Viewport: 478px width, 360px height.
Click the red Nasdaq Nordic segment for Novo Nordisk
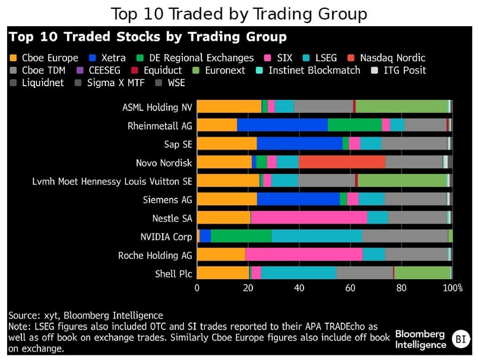342,162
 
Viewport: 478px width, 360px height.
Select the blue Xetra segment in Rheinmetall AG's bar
282,125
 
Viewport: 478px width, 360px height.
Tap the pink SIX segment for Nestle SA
309,217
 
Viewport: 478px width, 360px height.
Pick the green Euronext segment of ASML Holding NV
401,106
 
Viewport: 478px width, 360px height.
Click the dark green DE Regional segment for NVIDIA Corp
241,236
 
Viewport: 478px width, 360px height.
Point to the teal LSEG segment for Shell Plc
299,273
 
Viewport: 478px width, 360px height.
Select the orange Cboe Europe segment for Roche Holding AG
221,254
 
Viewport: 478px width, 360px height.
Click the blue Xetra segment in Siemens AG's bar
298,199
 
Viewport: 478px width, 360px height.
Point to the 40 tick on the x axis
299,288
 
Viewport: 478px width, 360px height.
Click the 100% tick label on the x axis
453,288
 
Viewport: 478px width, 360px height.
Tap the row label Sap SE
178,144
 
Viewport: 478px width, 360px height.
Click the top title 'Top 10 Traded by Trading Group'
239,13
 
